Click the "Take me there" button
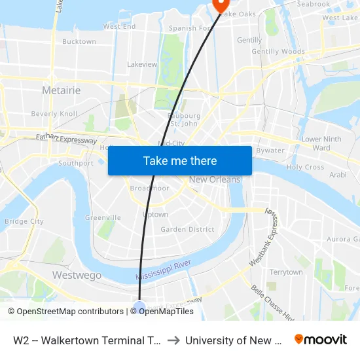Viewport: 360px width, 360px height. (x=180, y=160)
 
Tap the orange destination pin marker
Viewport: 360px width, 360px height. (x=219, y=5)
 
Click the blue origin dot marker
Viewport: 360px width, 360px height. (x=139, y=306)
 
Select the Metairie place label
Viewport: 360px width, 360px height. (x=61, y=89)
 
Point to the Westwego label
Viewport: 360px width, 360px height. (x=77, y=276)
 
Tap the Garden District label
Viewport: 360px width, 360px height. (x=187, y=229)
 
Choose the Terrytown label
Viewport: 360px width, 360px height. (x=286, y=272)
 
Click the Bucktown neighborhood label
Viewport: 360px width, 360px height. (x=79, y=41)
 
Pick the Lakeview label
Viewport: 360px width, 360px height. (x=142, y=64)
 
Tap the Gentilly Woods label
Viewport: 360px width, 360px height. (x=278, y=52)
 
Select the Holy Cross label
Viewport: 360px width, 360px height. (x=305, y=167)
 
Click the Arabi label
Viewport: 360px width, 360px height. (x=338, y=175)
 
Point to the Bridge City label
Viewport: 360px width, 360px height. (x=24, y=221)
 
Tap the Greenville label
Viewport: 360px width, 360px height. (x=103, y=217)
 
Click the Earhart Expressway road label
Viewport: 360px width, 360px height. (x=66, y=139)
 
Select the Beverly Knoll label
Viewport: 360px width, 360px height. (x=54, y=113)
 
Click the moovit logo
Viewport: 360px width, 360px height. (x=321, y=340)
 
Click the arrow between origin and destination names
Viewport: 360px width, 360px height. (x=173, y=340)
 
